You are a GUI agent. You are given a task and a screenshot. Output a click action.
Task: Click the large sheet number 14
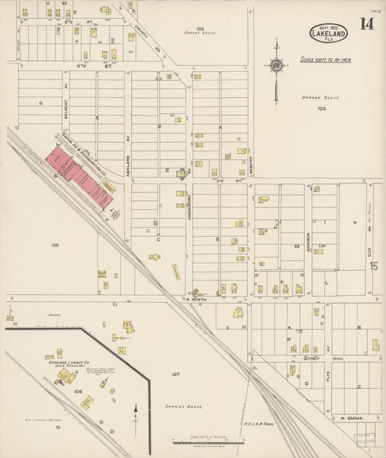coord(368,23)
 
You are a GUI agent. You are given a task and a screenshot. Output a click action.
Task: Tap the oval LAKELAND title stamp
coord(327,32)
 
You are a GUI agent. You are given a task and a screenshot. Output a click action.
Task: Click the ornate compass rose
coord(276,67)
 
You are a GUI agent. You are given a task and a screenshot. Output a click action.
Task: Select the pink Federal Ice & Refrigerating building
coord(80,175)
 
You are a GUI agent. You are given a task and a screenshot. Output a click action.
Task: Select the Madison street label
coord(308,240)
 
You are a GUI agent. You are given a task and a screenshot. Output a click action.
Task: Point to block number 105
coord(55,246)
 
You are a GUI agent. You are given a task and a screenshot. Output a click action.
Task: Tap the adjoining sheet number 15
coord(374,266)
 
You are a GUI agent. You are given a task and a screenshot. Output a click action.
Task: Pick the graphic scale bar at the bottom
coord(204,441)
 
